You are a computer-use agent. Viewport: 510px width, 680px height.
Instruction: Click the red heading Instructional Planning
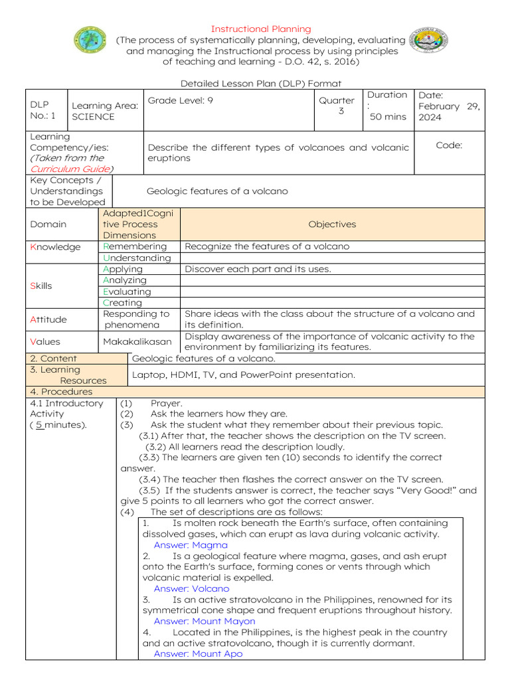pyautogui.click(x=260, y=29)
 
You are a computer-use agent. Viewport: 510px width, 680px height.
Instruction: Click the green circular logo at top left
pyautogui.click(x=89, y=41)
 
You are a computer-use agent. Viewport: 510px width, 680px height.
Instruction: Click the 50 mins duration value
pyautogui.click(x=388, y=117)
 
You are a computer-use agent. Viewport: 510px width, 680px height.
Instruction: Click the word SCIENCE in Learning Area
pyautogui.click(x=93, y=117)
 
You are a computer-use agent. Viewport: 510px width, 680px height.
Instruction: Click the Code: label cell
pyautogui.click(x=449, y=145)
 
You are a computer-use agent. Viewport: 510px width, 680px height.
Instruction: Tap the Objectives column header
pyautogui.click(x=332, y=224)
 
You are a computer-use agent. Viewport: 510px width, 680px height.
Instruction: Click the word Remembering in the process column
pyautogui.click(x=135, y=246)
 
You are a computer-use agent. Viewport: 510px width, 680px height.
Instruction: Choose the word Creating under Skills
pyautogui.click(x=122, y=303)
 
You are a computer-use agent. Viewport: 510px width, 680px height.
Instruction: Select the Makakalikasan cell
pyautogui.click(x=137, y=341)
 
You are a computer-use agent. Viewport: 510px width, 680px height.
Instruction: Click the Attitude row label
pyautogui.click(x=48, y=319)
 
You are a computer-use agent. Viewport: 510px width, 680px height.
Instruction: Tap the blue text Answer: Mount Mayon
pyautogui.click(x=204, y=622)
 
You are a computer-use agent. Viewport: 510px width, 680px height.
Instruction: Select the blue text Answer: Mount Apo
pyautogui.click(x=198, y=654)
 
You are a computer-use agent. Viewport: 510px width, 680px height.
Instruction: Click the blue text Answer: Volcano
pyautogui.click(x=191, y=589)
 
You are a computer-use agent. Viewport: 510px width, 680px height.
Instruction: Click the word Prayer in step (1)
pyautogui.click(x=166, y=403)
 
